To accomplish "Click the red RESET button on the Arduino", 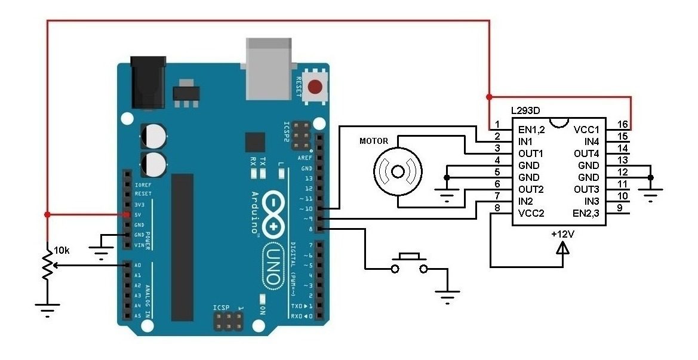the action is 316,87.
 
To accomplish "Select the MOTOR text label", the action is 374,141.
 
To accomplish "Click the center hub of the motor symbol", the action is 398,171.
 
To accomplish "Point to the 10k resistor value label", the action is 62,251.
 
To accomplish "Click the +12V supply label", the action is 562,233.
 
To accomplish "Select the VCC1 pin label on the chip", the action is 586,130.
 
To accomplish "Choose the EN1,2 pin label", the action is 531,130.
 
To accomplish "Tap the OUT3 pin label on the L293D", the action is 586,189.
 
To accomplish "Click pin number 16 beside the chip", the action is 623,124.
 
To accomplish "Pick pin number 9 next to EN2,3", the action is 620,208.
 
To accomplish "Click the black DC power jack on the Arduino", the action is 148,82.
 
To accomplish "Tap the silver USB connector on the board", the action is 269,69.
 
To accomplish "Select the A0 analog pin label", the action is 137,265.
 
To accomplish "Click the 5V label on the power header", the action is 137,214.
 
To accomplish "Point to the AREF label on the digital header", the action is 305,158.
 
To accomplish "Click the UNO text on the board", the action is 272,265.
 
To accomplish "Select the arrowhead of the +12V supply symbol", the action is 562,247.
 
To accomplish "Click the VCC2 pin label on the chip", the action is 531,213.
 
